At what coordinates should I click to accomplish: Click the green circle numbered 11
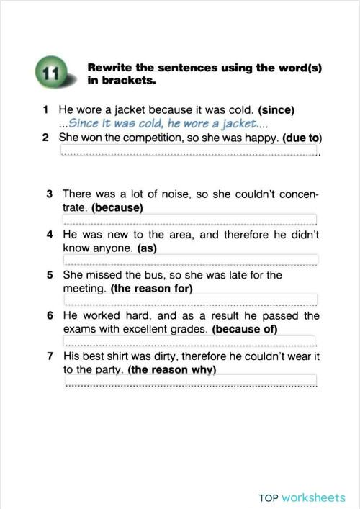[x=49, y=74]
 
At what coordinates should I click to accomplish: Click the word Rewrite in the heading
[x=109, y=68]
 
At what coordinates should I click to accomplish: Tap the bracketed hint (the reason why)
[x=171, y=369]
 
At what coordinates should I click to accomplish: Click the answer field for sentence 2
[x=189, y=150]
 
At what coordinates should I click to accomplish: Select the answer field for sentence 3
[x=189, y=220]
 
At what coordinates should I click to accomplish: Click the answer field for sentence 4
[x=189, y=260]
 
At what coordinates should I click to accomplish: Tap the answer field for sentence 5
[x=189, y=299]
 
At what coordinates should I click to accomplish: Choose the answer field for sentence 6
[x=189, y=341]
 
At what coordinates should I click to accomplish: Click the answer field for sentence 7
[x=189, y=380]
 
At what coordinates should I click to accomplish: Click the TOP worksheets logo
[x=302, y=497]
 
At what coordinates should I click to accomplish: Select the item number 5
[x=49, y=275]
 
